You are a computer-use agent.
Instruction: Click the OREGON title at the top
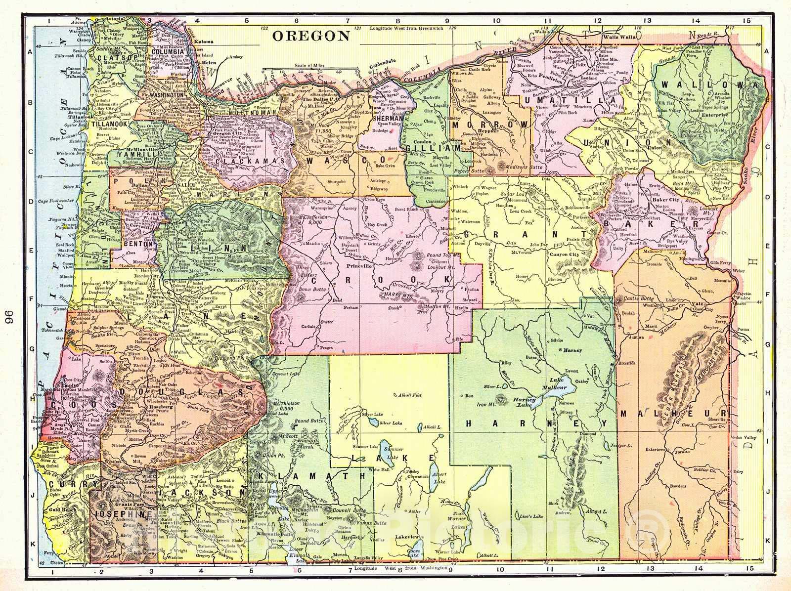311,36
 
